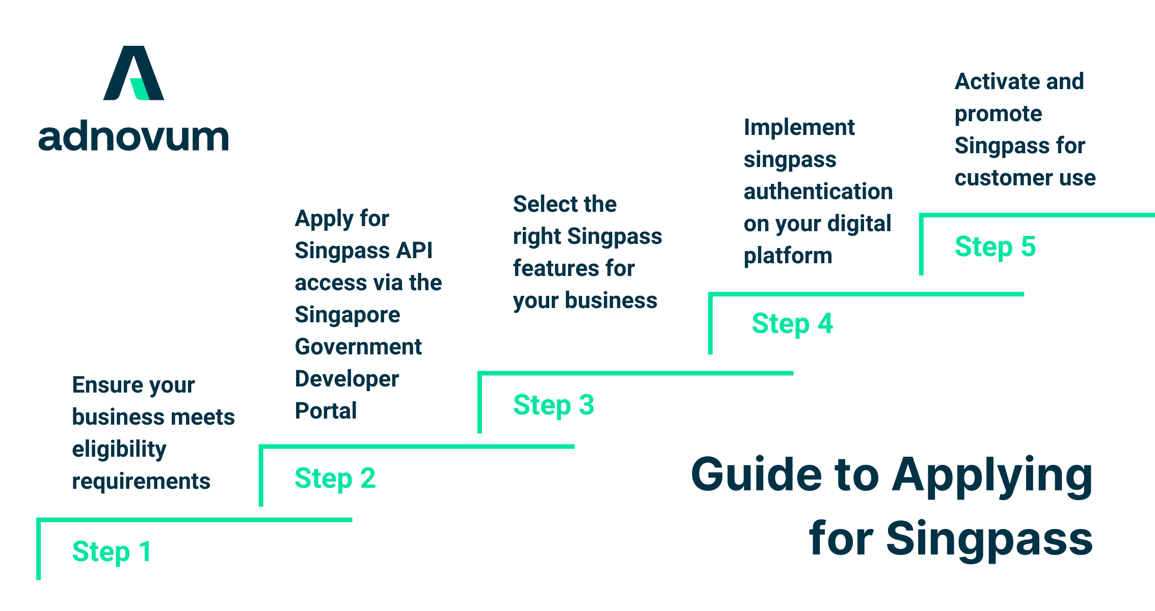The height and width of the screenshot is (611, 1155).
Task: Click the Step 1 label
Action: [x=112, y=551]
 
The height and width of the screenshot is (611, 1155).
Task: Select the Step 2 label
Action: [x=335, y=478]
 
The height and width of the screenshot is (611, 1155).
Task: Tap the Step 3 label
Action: [x=553, y=405]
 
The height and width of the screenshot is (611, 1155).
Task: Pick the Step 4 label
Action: [x=792, y=323]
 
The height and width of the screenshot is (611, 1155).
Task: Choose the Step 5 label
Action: [x=995, y=246]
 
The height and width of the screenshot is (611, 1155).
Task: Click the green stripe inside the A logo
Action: [x=139, y=89]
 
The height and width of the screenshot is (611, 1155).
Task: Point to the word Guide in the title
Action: [x=756, y=474]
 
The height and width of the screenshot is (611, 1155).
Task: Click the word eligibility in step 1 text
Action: [x=119, y=449]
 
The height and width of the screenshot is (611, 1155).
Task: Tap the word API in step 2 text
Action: [x=414, y=251]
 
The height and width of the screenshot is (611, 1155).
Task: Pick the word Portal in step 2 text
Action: [x=326, y=410]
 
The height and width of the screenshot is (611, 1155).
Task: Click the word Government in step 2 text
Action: [x=358, y=347]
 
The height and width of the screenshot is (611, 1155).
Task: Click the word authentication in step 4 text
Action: [x=818, y=191]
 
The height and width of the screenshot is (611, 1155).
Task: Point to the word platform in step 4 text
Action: [x=788, y=256]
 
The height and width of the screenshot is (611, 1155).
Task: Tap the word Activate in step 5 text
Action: [x=991, y=81]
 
